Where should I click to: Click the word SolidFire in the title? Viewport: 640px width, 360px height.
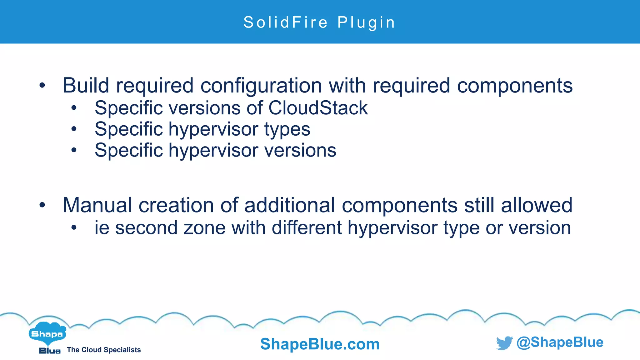pyautogui.click(x=285, y=22)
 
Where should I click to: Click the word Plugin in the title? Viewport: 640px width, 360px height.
pyautogui.click(x=366, y=22)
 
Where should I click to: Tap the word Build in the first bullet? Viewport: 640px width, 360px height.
pyautogui.click(x=86, y=85)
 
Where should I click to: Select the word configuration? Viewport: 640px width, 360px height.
pyautogui.click(x=261, y=86)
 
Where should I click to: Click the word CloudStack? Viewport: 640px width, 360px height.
pyautogui.click(x=318, y=108)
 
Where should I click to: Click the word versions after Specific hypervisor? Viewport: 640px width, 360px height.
pyautogui.click(x=300, y=150)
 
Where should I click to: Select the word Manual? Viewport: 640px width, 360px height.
pyautogui.click(x=97, y=205)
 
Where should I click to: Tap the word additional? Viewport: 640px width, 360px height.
pyautogui.click(x=290, y=205)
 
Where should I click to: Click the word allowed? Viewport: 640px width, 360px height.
pyautogui.click(x=537, y=205)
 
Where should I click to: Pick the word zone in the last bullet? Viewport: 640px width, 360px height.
pyautogui.click(x=204, y=228)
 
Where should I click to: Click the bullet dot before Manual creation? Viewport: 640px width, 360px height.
pyautogui.click(x=42, y=205)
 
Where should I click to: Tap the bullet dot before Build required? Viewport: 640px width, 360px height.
pyautogui.click(x=42, y=85)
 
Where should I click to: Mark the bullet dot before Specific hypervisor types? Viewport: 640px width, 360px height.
pyautogui.click(x=74, y=129)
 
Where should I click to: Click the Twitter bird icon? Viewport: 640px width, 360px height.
pyautogui.click(x=504, y=343)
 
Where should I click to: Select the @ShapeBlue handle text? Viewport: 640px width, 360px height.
pyautogui.click(x=560, y=342)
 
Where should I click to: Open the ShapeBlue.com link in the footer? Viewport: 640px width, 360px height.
pyautogui.click(x=320, y=344)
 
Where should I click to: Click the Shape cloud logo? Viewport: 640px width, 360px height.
pyautogui.click(x=47, y=334)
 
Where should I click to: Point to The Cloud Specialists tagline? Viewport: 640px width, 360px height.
pyautogui.click(x=104, y=350)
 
